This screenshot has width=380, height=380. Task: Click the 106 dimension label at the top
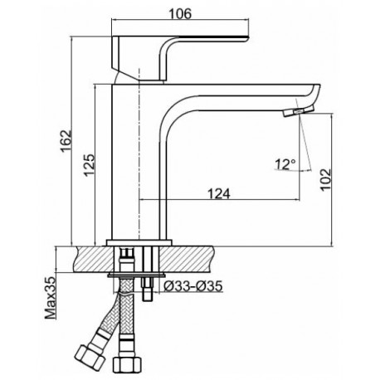point(180,13)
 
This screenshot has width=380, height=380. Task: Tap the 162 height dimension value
point(66,141)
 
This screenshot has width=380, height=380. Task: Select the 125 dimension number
point(90,165)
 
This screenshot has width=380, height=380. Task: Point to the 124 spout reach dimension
point(219,193)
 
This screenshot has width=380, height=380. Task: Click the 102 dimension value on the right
point(326,179)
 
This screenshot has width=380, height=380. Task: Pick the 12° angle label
point(285,164)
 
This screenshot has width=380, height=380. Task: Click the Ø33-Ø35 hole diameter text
point(193,286)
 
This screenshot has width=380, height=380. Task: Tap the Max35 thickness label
point(51,298)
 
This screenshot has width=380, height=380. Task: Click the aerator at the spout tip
point(298,111)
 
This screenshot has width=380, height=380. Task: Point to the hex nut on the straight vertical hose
point(127,364)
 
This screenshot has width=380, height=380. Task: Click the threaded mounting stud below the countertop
point(147,289)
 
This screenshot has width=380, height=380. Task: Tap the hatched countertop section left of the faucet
point(95,259)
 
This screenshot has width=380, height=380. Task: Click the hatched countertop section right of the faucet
point(187,259)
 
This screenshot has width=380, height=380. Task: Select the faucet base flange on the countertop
point(139,242)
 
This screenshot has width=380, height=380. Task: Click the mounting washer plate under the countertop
point(136,275)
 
